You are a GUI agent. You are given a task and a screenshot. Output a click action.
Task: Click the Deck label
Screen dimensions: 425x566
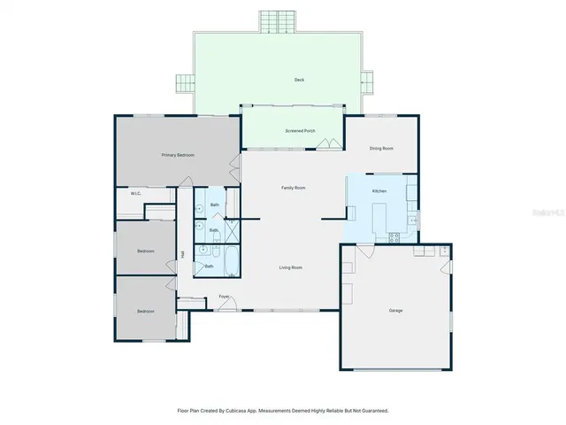click(x=299, y=80)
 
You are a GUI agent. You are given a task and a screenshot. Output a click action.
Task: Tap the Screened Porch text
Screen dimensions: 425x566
click(x=300, y=131)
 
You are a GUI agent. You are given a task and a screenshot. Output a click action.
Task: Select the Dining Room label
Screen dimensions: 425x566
click(x=381, y=148)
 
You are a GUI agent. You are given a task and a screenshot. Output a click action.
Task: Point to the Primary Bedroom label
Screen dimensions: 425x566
click(x=178, y=155)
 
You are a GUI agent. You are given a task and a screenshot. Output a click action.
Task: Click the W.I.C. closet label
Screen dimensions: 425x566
click(x=136, y=193)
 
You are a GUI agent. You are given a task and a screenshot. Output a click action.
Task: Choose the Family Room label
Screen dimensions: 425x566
click(x=293, y=188)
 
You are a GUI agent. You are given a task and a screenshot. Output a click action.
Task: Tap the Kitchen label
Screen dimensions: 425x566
click(x=379, y=191)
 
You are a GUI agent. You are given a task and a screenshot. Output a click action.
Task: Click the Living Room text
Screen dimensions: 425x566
click(x=291, y=267)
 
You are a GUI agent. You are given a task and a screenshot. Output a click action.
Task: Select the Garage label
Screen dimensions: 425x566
click(x=395, y=311)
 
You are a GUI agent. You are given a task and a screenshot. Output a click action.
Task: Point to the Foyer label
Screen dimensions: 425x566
click(x=225, y=297)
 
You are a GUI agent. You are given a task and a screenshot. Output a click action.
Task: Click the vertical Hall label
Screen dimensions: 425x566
click(x=183, y=255)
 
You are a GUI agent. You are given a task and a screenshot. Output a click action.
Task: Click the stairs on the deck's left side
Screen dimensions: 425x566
click(x=185, y=83)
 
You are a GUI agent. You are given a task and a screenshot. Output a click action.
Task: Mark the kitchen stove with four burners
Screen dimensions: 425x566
click(x=394, y=236)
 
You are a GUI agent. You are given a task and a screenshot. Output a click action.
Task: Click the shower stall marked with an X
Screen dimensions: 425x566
click(x=231, y=231)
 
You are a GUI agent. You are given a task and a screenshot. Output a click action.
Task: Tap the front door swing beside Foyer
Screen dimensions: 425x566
click(x=227, y=306)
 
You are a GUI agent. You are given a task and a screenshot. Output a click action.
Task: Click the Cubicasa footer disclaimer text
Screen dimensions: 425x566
click(x=283, y=411)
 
